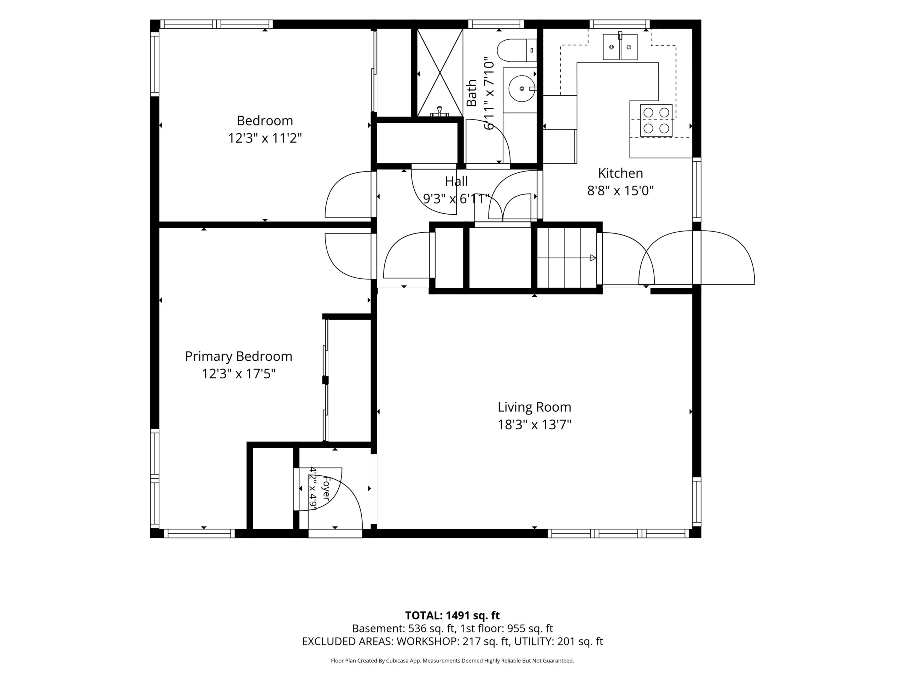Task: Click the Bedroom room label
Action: [265, 121]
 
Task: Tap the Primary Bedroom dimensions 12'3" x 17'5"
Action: [239, 374]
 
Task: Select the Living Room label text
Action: [534, 407]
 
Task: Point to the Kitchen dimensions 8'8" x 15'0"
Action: [620, 191]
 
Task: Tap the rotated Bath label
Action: [472, 93]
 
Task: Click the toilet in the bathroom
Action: [517, 50]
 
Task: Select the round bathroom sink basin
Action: [522, 88]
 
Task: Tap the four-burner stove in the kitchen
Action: [656, 120]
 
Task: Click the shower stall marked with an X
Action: [440, 73]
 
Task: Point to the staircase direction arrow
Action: [567, 258]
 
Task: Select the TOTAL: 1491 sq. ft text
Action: [452, 616]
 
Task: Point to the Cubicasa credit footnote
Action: [452, 661]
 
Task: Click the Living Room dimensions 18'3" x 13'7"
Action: [534, 425]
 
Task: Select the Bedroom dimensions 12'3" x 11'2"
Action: [265, 138]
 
